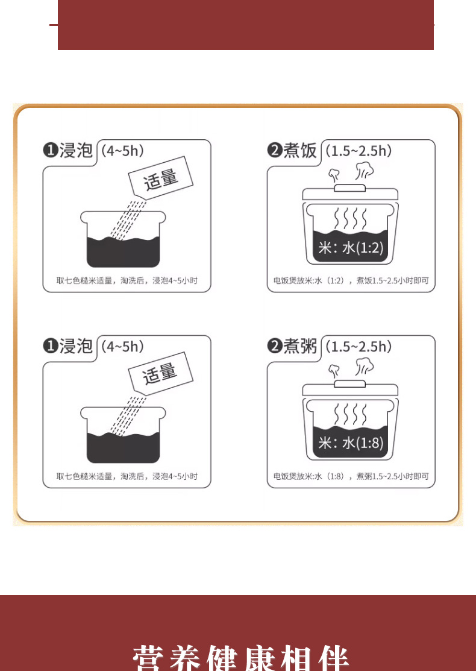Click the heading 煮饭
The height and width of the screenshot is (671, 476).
click(300, 151)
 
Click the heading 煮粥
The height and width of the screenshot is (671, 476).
click(300, 346)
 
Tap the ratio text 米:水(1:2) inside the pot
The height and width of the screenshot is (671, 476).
click(351, 247)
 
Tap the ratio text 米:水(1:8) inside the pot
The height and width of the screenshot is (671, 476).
click(351, 443)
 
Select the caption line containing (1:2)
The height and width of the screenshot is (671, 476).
click(351, 281)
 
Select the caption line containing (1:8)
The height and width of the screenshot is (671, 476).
click(351, 476)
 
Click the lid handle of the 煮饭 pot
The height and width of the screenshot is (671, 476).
click(350, 188)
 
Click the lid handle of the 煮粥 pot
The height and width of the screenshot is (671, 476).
click(350, 383)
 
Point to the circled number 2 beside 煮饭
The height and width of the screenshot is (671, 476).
click(275, 151)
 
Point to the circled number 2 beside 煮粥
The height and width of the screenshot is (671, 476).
click(275, 346)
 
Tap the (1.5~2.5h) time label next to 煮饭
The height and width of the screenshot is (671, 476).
click(359, 151)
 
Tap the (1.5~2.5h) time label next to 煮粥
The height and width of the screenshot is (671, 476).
click(359, 346)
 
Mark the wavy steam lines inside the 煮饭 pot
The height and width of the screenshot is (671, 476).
click(351, 219)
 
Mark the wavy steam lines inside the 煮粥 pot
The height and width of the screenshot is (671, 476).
click(351, 414)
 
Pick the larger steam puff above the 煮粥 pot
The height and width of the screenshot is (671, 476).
click(365, 367)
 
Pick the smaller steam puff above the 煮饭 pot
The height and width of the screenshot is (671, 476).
click(334, 175)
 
